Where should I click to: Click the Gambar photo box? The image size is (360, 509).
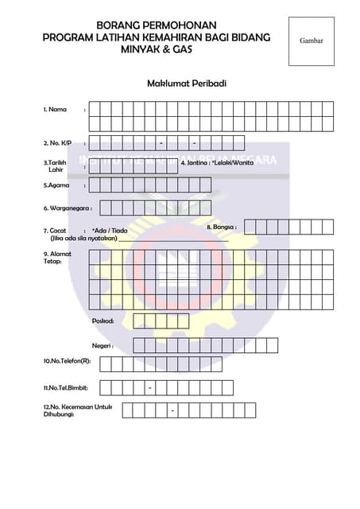tap(312, 41)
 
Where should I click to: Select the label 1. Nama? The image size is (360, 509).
tap(55, 109)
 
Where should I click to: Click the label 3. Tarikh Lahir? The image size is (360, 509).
tap(56, 165)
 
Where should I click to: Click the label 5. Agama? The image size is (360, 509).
tap(56, 185)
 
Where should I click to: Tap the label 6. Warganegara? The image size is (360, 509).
tap(68, 208)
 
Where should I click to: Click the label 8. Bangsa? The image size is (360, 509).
tap(221, 227)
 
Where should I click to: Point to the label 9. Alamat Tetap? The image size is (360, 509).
tap(56, 258)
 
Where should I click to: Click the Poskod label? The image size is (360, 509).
tap(103, 321)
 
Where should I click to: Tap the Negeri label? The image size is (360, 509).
tap(103, 346)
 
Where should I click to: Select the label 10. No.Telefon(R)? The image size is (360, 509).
tap(67, 361)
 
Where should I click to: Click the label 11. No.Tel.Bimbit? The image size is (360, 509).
tap(65, 387)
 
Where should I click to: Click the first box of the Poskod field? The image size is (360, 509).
tap(138, 321)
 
